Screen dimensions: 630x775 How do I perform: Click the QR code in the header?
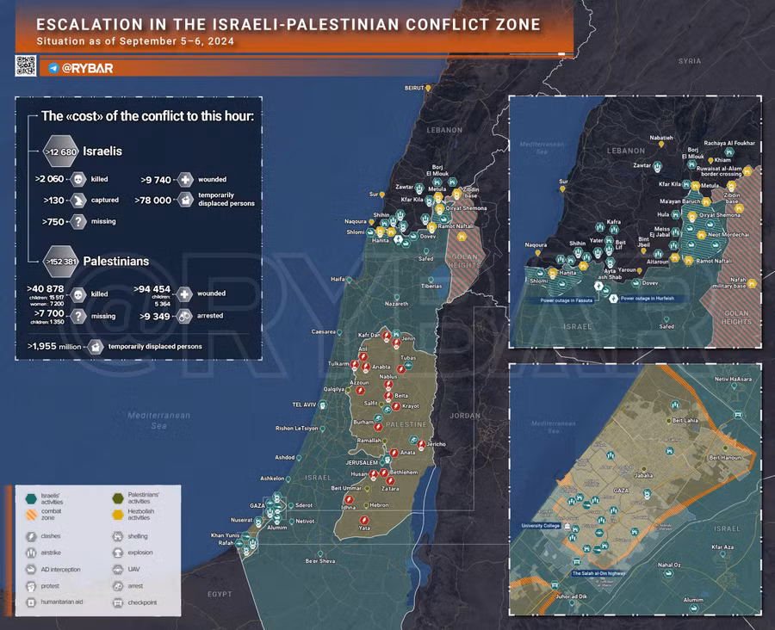coord(25,66)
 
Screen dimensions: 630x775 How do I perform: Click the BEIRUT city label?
coord(415,88)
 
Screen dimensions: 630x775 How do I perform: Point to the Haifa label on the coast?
coord(338,279)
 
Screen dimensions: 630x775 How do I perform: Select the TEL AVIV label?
coord(305,404)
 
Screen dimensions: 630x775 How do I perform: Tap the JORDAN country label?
coord(465,416)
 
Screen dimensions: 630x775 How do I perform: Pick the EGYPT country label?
coord(219,594)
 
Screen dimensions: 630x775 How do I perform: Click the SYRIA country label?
coord(689,61)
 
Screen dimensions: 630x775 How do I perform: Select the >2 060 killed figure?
coord(50,179)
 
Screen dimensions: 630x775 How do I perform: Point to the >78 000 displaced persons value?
coord(159,200)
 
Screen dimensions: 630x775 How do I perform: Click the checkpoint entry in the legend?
coord(139,602)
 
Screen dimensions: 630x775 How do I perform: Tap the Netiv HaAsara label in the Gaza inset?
coord(733,379)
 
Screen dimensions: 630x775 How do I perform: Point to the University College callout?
coord(541,525)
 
